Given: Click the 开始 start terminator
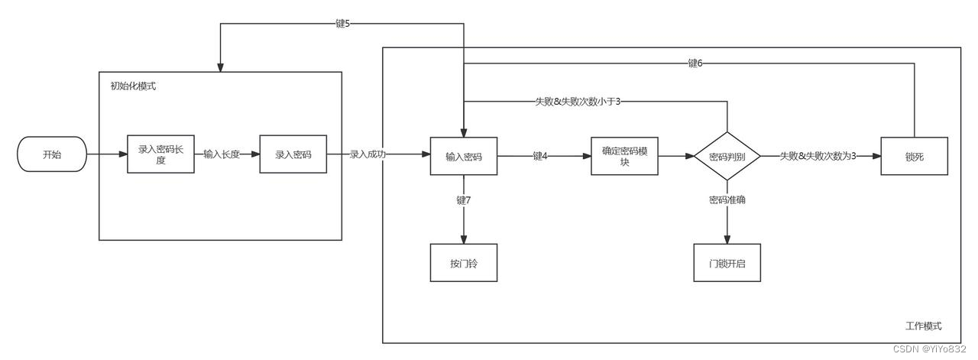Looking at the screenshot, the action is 52,154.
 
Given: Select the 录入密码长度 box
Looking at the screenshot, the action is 160,154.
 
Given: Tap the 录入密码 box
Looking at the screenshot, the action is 293,154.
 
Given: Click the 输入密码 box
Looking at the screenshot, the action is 464,157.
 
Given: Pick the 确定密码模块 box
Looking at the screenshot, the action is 624,157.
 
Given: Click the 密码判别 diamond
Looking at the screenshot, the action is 727,157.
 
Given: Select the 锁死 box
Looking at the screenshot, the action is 915,157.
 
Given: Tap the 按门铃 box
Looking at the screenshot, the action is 464,263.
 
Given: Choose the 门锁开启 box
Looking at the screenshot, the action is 727,263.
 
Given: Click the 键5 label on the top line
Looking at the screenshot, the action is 343,24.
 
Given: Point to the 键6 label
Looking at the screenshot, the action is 695,63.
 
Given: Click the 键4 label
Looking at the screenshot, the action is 539,156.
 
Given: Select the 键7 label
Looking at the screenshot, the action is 464,200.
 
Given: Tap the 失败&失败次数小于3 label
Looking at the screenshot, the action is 578,102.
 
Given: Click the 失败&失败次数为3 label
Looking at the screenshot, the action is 818,156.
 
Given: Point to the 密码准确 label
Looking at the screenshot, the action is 727,200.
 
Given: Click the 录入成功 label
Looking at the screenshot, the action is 368,154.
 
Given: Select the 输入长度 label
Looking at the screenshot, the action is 222,154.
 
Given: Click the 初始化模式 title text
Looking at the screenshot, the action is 133,86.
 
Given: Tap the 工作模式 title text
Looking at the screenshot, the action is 924,326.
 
